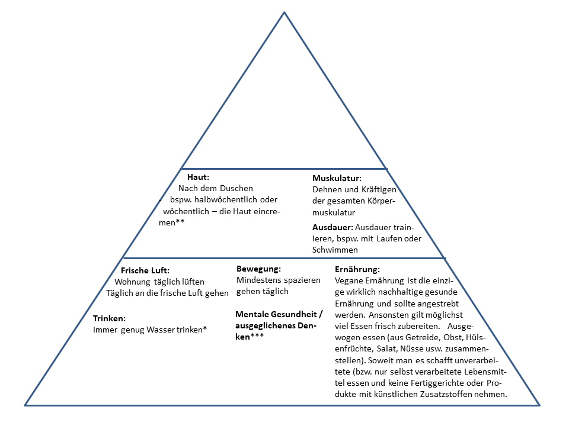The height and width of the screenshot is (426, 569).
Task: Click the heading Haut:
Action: click(x=199, y=177)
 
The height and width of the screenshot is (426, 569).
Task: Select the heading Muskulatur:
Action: click(x=337, y=178)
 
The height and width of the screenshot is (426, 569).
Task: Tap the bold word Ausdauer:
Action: click(x=332, y=227)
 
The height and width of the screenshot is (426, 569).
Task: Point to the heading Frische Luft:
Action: click(x=145, y=270)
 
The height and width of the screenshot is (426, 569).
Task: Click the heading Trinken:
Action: click(x=110, y=318)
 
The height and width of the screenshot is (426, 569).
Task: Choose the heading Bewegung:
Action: click(x=258, y=269)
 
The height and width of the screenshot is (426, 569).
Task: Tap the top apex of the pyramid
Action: click(x=284, y=12)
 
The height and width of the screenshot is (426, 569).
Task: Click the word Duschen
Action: click(x=236, y=188)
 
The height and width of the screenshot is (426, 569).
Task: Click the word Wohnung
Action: click(x=134, y=282)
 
